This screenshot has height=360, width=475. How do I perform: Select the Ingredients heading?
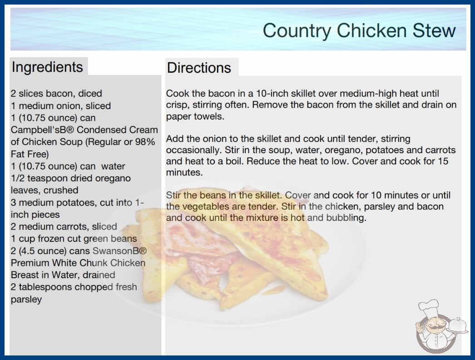[x=47, y=67]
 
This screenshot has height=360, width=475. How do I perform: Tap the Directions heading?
[x=199, y=68]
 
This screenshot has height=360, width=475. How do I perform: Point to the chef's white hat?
[x=429, y=307]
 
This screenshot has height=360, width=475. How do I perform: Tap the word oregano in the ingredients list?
[x=113, y=178]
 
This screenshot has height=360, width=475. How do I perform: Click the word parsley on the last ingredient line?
[x=26, y=300]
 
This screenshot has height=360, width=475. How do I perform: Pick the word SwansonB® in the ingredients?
[x=120, y=251]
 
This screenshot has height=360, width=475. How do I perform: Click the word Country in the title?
[x=297, y=30]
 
